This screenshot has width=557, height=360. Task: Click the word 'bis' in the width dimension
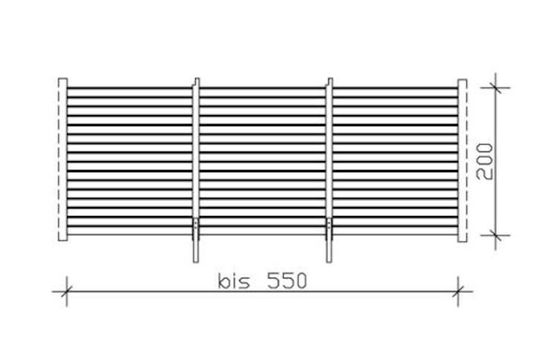tap(234, 281)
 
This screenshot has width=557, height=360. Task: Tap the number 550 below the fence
tap(287, 281)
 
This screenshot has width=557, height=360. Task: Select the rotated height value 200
tap(484, 161)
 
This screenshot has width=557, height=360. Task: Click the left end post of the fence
tap(63, 160)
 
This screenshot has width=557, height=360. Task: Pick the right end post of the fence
tap(462, 160)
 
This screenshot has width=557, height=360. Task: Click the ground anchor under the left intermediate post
tap(196, 240)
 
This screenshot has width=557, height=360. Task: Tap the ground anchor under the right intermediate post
tap(329, 240)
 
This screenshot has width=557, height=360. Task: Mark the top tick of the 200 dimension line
tap(495, 88)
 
